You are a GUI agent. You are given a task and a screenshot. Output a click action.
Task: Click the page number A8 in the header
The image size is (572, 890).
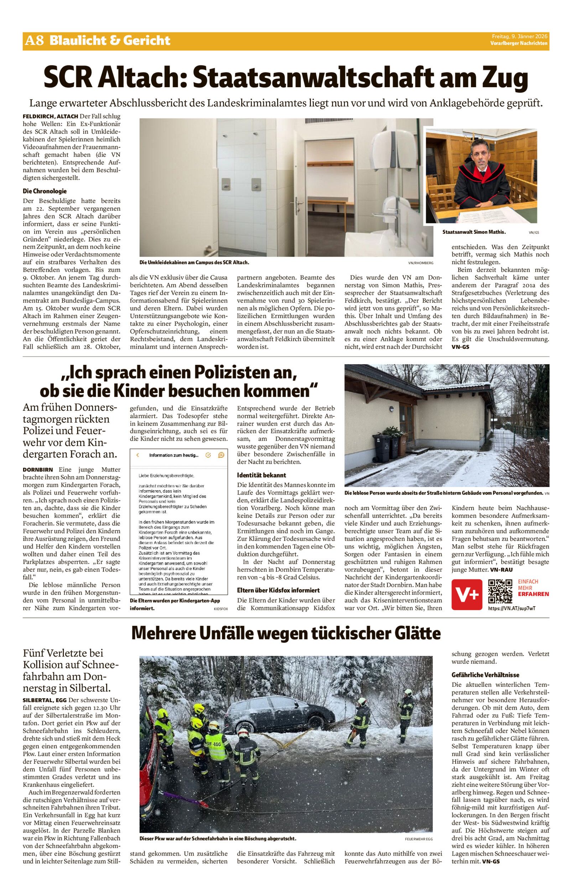tap(34, 41)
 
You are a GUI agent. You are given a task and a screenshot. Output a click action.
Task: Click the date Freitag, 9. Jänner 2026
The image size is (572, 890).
tap(520, 36)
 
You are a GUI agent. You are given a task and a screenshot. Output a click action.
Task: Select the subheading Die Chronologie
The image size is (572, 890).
tap(45, 191)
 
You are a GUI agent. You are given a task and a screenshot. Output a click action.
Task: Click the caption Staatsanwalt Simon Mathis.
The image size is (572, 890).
tap(474, 232)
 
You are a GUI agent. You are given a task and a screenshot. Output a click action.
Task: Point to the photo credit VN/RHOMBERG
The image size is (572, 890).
tap(421, 263)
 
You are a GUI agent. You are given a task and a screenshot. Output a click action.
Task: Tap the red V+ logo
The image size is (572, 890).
tap(467, 595)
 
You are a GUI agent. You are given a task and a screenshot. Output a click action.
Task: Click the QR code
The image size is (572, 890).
tap(500, 591)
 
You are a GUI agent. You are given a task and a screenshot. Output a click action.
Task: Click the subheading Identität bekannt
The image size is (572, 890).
tap(261, 475)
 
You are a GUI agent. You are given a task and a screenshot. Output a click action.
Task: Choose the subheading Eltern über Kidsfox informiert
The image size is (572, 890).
tap(278, 590)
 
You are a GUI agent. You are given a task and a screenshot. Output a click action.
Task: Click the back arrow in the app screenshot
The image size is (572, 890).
tap(138, 455)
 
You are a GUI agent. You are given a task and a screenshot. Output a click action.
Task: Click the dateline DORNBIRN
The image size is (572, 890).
tap(37, 470)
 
